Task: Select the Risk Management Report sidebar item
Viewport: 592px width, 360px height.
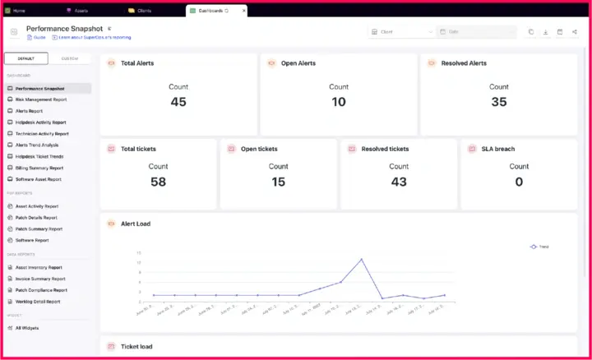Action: [41, 99]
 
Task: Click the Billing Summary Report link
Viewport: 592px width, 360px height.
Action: [39, 168]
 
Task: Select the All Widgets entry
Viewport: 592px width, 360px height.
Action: [27, 328]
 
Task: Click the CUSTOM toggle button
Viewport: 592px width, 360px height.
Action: [70, 58]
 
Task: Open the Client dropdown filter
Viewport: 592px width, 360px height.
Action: [401, 32]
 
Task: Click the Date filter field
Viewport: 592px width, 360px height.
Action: [478, 32]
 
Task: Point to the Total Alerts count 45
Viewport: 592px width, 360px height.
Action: [178, 102]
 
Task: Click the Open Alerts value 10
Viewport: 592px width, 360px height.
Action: [339, 102]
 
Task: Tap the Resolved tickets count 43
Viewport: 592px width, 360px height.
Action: [399, 182]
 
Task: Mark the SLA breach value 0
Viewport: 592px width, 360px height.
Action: [519, 182]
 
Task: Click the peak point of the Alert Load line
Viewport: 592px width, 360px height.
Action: [361, 259]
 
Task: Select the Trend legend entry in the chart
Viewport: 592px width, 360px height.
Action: [539, 247]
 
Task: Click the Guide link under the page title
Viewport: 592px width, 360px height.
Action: [39, 37]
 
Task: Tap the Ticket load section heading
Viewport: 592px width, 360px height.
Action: [136, 347]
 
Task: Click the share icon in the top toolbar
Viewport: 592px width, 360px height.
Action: [574, 32]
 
